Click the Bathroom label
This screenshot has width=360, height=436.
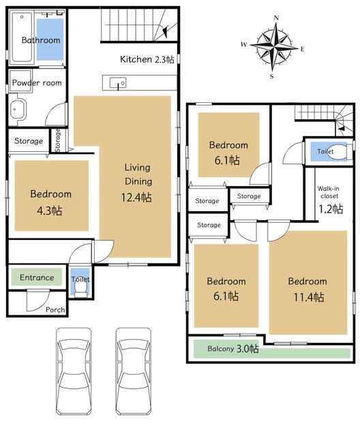41,40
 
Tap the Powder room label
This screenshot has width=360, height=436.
37,82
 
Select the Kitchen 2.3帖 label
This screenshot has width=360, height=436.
147,59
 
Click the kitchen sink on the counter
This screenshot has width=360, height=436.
118,82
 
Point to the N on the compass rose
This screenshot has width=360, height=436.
276,18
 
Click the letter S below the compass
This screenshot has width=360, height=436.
272,76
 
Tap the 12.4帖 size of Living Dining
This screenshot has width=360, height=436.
136,197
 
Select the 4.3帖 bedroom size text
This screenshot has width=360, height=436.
50,211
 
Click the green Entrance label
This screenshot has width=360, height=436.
37,277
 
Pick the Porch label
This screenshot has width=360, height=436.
55,309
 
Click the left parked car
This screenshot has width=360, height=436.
74,371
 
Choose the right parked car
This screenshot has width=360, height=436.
134,371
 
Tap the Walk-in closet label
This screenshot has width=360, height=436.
329,192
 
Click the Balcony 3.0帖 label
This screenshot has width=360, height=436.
233,348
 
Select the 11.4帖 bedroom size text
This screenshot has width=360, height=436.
309,297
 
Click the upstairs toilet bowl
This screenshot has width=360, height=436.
337,151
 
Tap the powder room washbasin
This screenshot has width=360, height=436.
17,109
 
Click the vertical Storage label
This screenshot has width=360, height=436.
57,140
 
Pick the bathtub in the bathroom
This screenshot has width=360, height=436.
22,37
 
